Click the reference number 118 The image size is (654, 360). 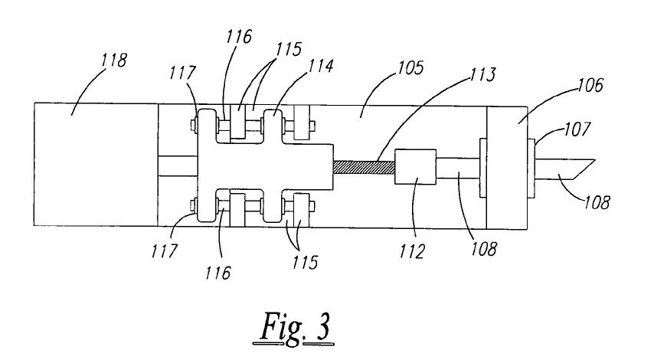coord(114,60)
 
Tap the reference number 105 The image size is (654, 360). coord(410,67)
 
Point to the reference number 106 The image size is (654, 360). coord(590,85)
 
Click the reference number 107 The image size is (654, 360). coord(577,129)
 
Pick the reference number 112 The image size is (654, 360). coord(413,251)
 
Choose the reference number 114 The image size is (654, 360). coord(320,66)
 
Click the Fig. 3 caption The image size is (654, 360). coord(295,328)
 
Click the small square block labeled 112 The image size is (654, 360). coord(415,167)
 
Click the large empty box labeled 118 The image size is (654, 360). coord(96,165)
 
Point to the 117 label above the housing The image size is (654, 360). coord(182,73)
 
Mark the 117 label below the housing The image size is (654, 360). coord(165,251)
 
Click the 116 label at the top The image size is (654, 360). coord(240,37)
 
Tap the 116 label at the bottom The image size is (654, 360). coord(217,273)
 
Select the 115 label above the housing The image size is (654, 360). coord(288,49)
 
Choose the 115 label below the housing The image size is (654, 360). coord(305,263)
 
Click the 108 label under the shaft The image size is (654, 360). coord(484,249)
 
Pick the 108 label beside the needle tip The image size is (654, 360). coord(597,202)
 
